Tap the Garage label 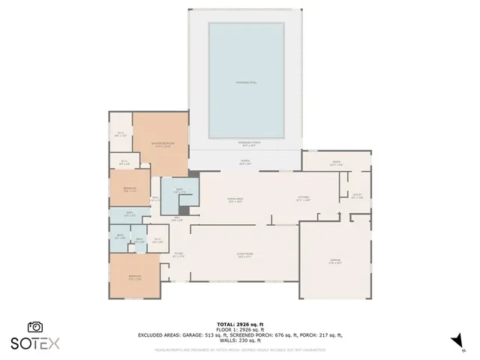point(335,262)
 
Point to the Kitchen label point(303,199)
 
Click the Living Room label point(243,256)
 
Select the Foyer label point(179,256)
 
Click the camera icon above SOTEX point(34,327)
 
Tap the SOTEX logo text point(34,343)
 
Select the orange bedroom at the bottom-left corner point(134,276)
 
